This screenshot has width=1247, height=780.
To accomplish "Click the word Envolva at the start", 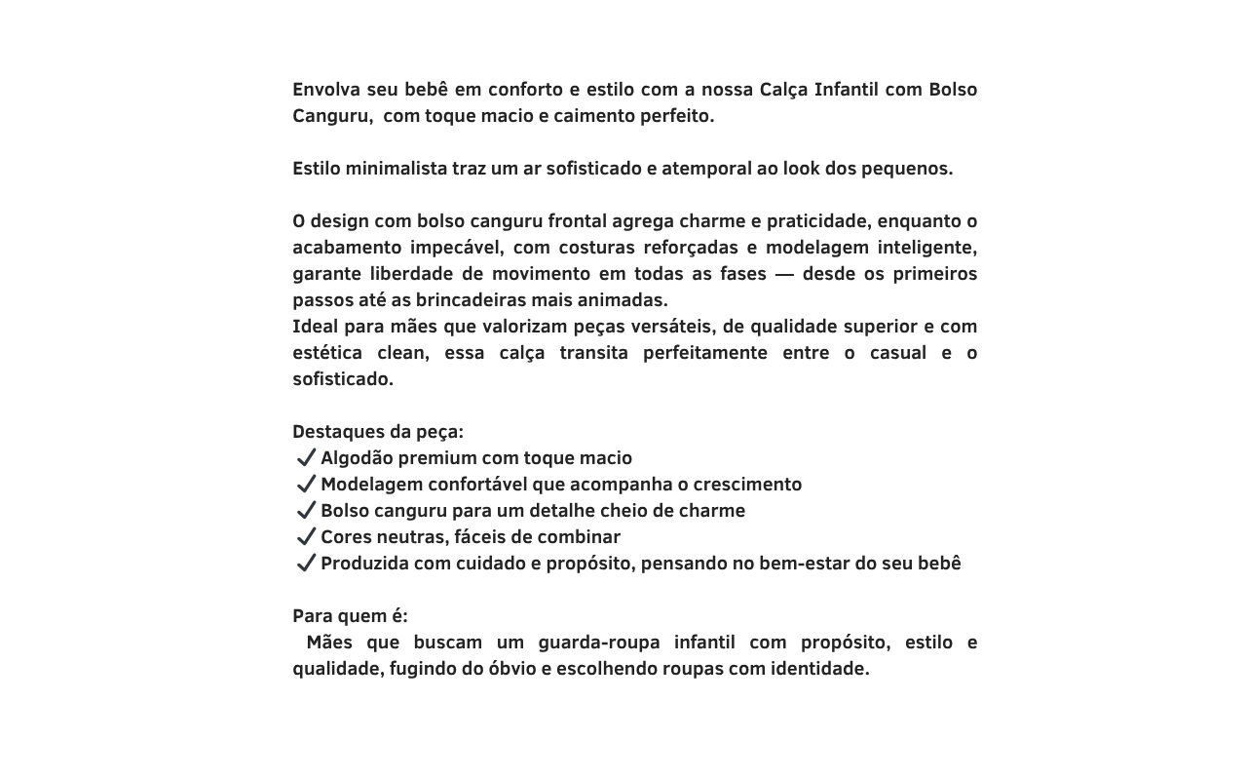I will (x=326, y=90).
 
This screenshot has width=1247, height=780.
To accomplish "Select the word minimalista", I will (x=396, y=169).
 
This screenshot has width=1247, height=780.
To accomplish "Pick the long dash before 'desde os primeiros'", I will (x=784, y=274).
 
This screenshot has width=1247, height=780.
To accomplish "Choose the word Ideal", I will (x=315, y=327).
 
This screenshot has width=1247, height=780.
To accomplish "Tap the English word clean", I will (x=402, y=353).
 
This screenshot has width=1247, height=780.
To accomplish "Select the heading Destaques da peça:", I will (x=378, y=432).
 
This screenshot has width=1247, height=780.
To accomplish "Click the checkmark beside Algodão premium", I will (x=306, y=457).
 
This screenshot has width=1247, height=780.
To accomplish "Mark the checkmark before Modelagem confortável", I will (x=306, y=484).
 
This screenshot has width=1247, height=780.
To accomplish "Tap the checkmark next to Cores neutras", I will (x=306, y=536).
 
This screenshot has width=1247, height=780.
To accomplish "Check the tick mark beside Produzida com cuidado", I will (x=306, y=563).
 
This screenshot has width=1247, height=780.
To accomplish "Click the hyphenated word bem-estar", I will (x=803, y=564).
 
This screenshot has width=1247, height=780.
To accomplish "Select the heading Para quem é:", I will (x=350, y=616).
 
